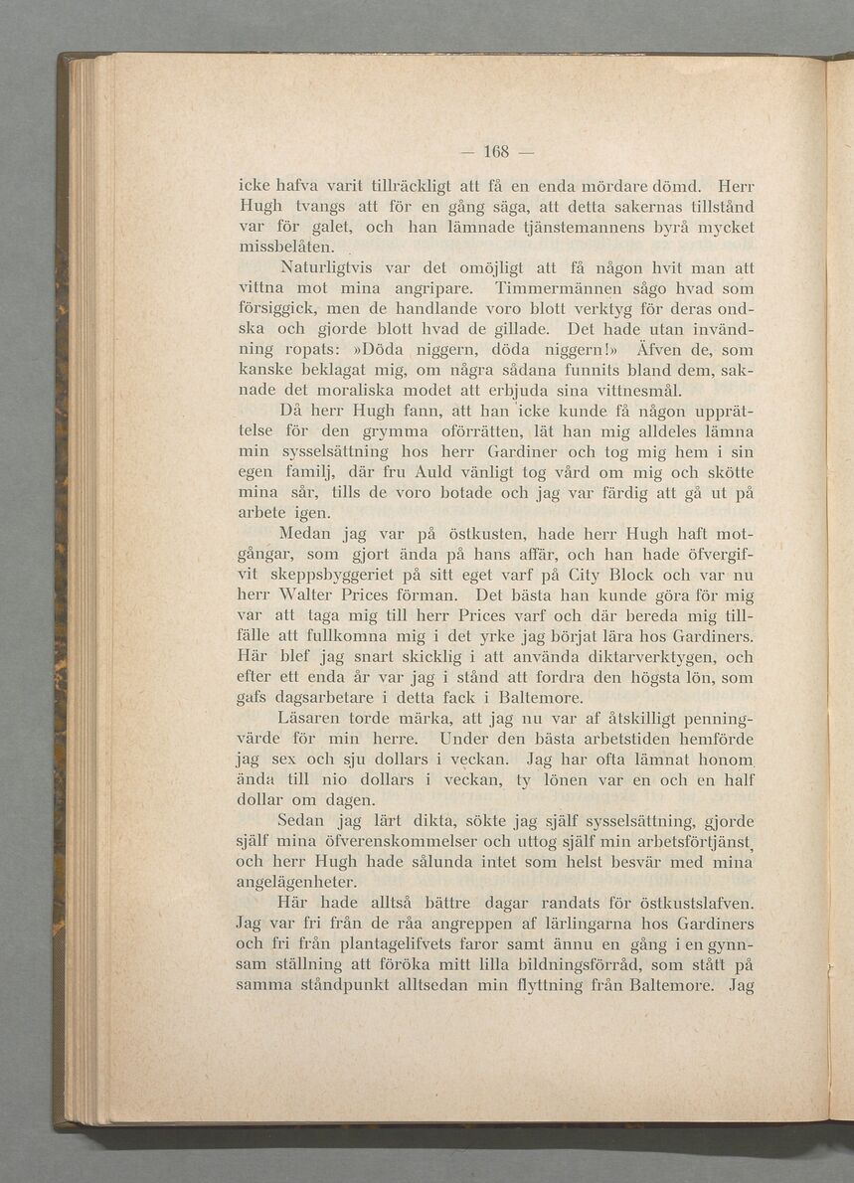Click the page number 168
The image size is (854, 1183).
[495, 151]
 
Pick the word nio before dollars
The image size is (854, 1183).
[334, 779]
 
